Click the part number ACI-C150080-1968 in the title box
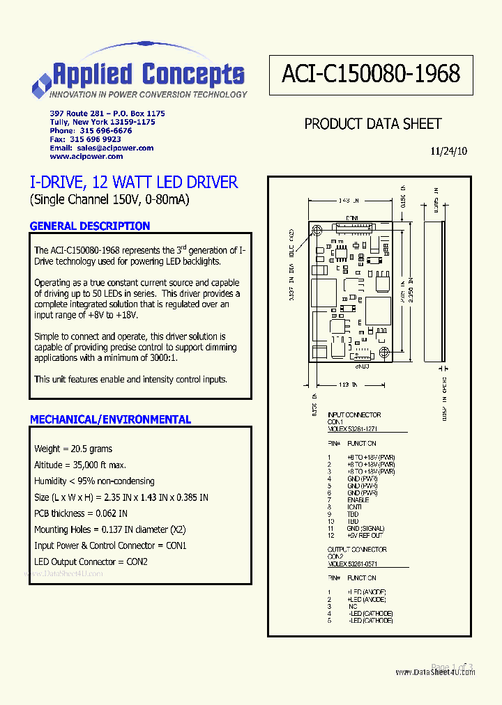point(371,75)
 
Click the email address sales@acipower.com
point(115,148)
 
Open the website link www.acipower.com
point(86,157)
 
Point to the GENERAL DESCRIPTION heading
point(90,226)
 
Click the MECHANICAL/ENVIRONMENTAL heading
point(110,419)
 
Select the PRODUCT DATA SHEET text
point(373,124)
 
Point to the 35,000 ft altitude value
point(98,465)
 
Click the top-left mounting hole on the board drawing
point(317,231)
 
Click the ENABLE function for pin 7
point(358,500)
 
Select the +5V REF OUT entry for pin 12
point(365,535)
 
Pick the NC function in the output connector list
point(353,606)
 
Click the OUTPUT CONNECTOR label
point(357,550)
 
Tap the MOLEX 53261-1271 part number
point(354,428)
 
